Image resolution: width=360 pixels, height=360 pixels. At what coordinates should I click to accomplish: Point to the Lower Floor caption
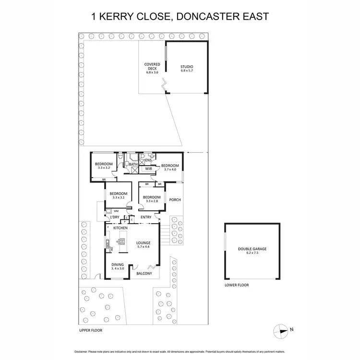pyautogui.click(x=237, y=285)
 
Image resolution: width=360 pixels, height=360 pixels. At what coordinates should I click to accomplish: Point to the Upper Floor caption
pyautogui.click(x=91, y=331)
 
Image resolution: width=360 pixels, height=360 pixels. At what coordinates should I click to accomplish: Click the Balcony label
pyautogui.click(x=144, y=274)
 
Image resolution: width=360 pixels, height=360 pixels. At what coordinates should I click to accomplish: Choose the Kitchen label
pyautogui.click(x=120, y=228)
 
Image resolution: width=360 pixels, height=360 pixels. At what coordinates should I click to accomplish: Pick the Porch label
pyautogui.click(x=175, y=200)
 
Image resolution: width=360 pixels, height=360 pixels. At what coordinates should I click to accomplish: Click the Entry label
pyautogui.click(x=146, y=217)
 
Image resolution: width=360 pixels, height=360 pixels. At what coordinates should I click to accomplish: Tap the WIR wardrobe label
pyautogui.click(x=149, y=169)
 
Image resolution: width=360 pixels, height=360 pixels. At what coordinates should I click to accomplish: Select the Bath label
pyautogui.click(x=133, y=165)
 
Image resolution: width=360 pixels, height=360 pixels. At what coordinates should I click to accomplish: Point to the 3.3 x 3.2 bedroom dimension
pyautogui.click(x=105, y=168)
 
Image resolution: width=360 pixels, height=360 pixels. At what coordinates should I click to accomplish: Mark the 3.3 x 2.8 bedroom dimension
pyautogui.click(x=152, y=201)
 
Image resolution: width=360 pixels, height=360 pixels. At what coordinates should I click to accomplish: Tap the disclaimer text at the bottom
pyautogui.click(x=180, y=350)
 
